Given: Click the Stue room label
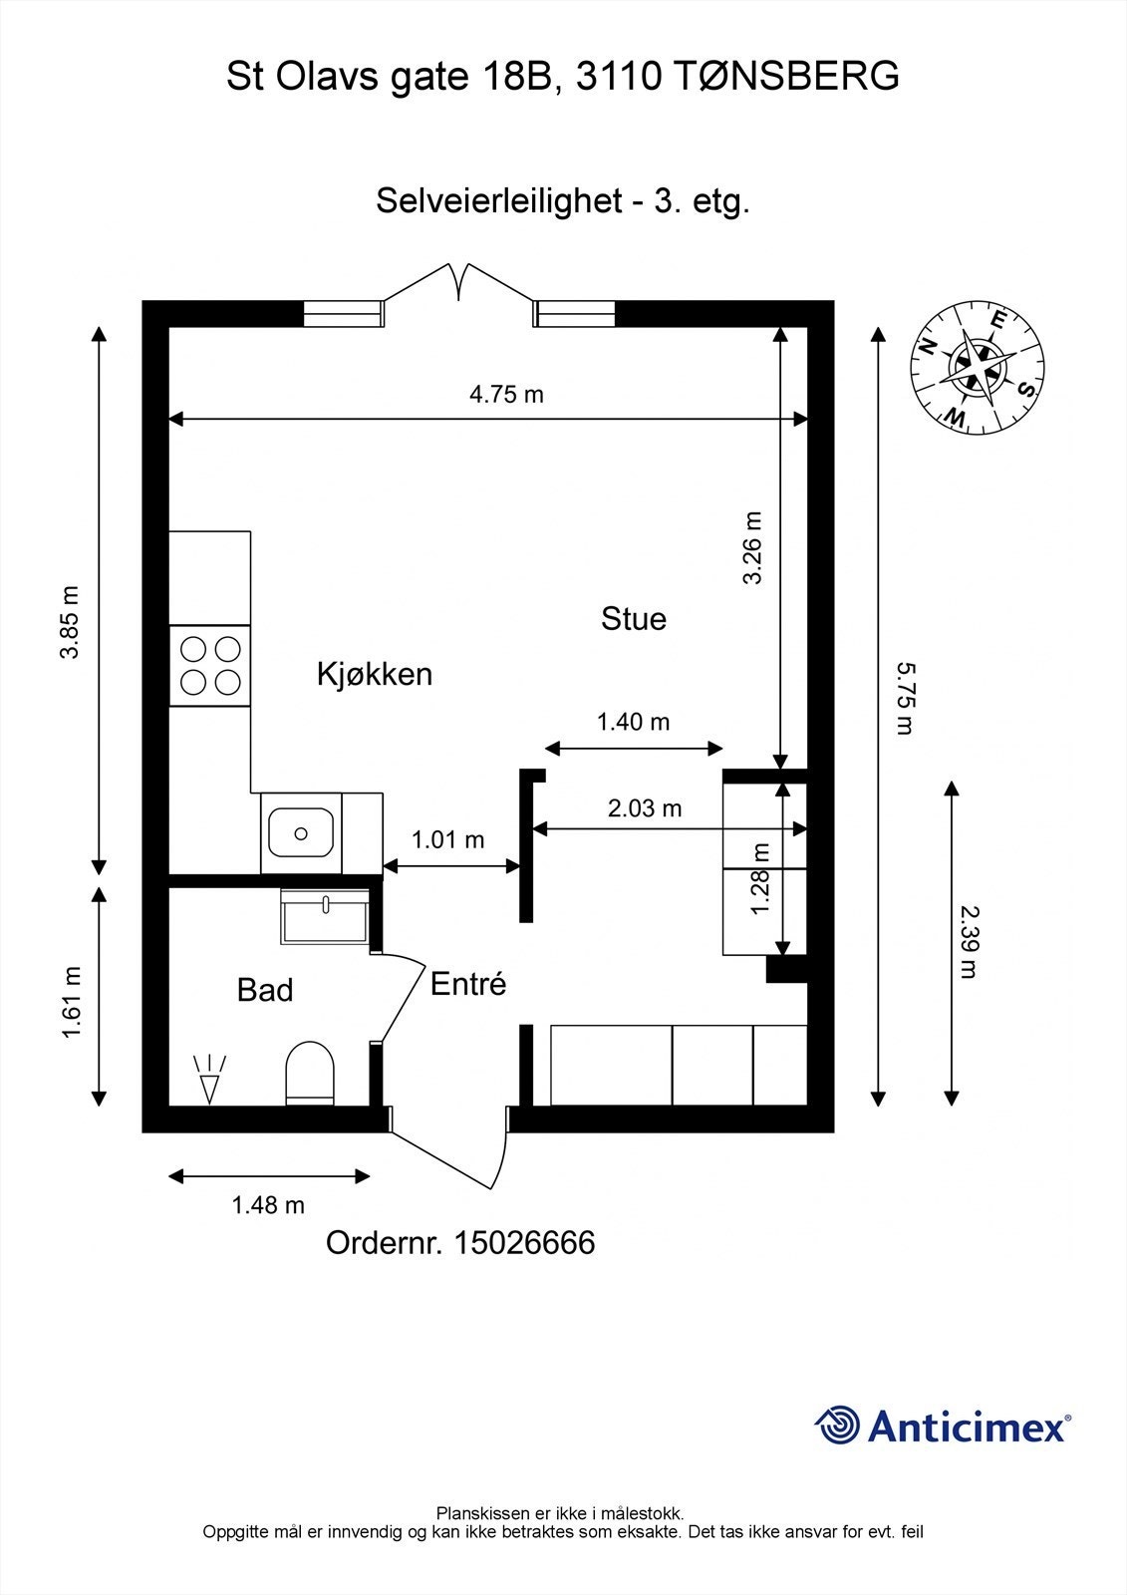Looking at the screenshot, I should (x=633, y=619).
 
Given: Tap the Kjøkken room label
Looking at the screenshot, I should (x=375, y=674).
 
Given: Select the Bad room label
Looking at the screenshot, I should (x=265, y=990).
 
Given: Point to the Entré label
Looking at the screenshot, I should (x=468, y=985).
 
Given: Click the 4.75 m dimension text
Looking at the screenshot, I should (x=506, y=395).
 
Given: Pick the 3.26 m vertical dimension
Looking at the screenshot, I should (x=753, y=547).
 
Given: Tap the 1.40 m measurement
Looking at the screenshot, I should (x=633, y=722).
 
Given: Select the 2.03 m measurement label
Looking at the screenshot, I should (x=645, y=808).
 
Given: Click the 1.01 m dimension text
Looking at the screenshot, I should (x=447, y=840).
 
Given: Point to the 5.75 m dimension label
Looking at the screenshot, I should (x=904, y=698).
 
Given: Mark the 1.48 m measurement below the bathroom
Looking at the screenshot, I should (x=268, y=1205).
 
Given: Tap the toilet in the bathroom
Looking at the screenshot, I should (x=309, y=1075).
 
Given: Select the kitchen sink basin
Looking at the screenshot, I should (x=301, y=832).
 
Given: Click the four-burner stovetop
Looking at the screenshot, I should (x=210, y=666).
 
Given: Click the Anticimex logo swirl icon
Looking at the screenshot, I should (x=838, y=1426).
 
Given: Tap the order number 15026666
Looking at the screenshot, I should (x=524, y=1243).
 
